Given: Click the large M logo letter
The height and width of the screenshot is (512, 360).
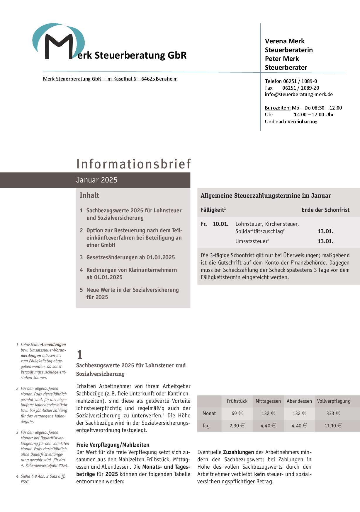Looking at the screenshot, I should pos(59,46).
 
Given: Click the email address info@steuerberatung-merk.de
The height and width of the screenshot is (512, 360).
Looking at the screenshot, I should pos(299,94).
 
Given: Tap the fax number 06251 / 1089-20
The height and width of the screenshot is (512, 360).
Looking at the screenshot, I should pos(300,88).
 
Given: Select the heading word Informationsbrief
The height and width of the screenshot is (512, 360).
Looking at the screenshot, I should pos(134,164).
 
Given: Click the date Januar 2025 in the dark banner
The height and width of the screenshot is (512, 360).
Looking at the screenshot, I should pos(97,180).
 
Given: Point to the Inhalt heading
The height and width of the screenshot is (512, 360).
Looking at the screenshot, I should pos(89,195).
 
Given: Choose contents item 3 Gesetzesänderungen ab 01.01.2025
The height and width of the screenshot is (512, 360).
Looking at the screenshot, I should pos(130,257).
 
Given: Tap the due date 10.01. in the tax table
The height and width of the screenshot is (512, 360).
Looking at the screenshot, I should pos(220,224).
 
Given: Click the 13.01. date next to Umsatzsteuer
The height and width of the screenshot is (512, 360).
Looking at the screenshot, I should pos(325,241).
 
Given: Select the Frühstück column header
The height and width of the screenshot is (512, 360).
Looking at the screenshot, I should pos(237,401).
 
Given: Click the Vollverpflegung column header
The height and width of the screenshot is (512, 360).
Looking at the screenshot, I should pos(334,401).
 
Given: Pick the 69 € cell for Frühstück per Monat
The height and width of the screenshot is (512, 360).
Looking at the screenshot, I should pos(237,413).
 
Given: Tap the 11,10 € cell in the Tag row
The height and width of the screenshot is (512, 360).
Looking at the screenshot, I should pos(333,426).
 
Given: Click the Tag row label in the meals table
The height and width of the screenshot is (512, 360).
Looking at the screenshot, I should pos(206,426).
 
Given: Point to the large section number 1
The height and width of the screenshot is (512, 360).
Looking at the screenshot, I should pos(79,355).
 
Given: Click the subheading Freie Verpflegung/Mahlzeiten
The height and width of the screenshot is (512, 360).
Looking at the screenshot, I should pos(113,445).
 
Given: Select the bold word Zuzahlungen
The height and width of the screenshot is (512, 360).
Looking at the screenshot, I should pos(238,452).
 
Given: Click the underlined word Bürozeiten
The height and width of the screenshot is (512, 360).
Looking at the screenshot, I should pos(278,108).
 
